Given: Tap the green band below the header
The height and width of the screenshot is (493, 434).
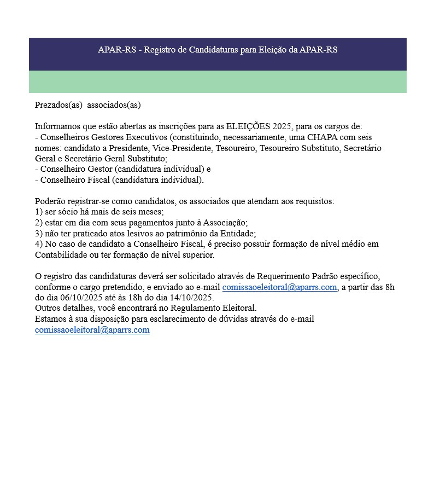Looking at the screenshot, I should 218,82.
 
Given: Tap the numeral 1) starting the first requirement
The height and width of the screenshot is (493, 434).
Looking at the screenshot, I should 39,212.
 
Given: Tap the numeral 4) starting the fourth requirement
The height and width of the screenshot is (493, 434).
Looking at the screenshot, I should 39,244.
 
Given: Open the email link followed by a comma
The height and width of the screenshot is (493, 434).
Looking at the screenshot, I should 279,287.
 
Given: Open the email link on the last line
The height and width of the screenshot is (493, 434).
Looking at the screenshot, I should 92,330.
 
